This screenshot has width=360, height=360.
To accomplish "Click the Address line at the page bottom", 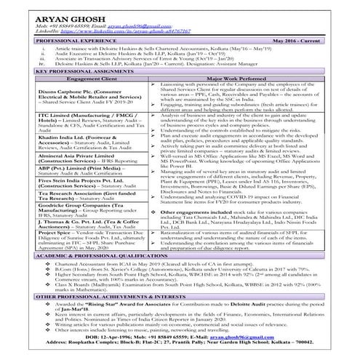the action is [x=180, y=351].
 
